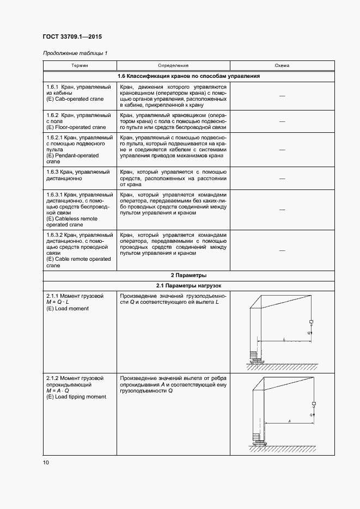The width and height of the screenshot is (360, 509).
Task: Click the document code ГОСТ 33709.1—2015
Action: [x=72, y=37]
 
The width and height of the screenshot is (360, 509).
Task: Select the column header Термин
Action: [x=78, y=66]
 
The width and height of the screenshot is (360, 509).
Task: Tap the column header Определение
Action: [x=173, y=66]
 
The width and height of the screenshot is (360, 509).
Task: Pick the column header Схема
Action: [x=282, y=66]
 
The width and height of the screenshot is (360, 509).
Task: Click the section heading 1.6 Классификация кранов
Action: [x=188, y=76]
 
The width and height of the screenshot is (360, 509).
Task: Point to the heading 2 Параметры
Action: [x=188, y=275]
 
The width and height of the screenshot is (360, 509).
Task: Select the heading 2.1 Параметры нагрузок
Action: [x=188, y=286]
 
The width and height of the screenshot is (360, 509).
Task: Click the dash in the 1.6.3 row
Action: [x=282, y=178]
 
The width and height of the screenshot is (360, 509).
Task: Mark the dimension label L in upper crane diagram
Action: [x=284, y=339]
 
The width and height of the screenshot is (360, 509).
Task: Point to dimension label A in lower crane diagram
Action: [x=289, y=421]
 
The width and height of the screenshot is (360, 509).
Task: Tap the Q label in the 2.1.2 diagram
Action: [x=310, y=415]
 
